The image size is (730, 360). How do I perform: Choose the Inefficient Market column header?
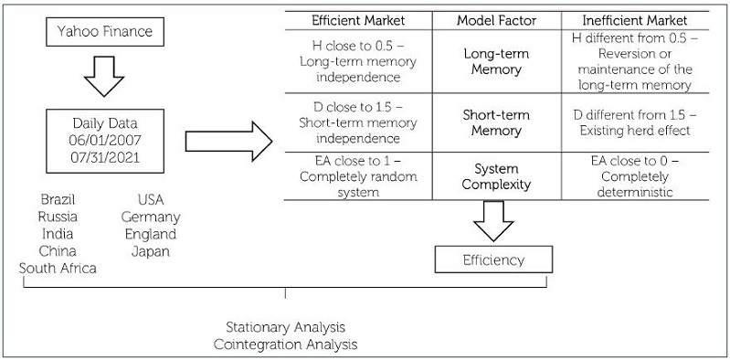tap(637, 19)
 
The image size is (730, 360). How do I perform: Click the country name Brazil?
tap(58, 199)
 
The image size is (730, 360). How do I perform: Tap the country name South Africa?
tap(58, 267)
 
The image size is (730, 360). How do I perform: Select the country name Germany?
tap(151, 217)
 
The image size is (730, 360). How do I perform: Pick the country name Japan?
tap(151, 250)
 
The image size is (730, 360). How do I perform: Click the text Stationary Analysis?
tap(285, 326)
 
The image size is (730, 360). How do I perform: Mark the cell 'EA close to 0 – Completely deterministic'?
tap(637, 176)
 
